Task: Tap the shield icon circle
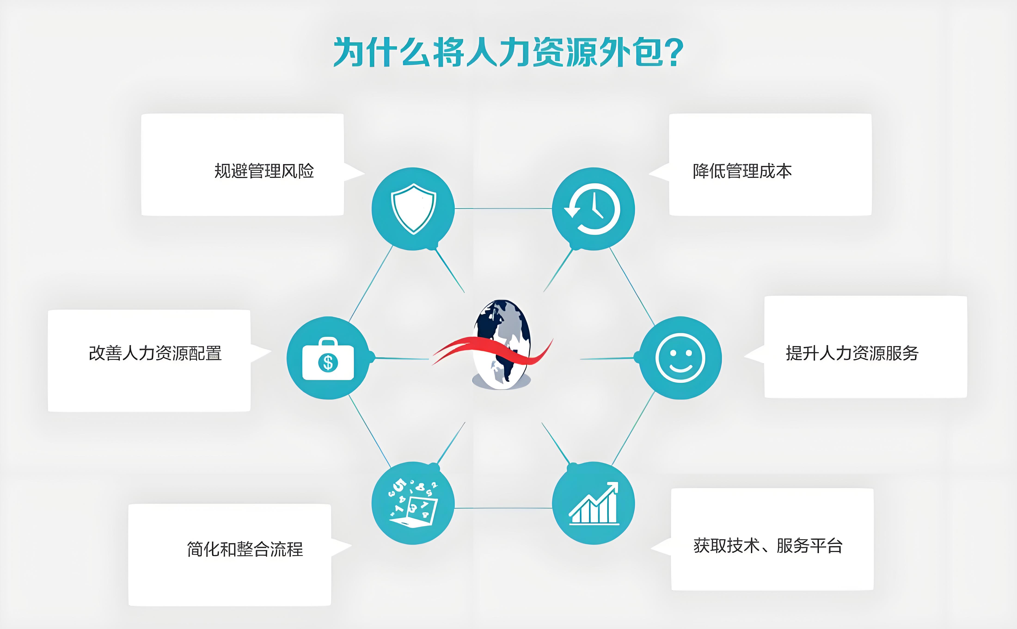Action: click(x=413, y=209)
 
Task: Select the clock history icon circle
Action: click(x=593, y=209)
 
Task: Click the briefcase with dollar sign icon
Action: click(x=328, y=359)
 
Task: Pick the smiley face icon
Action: click(x=680, y=358)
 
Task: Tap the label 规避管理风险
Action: click(x=264, y=171)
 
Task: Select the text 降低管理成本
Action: click(x=742, y=171)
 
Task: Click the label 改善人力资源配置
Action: click(x=155, y=353)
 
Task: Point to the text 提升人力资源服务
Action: click(x=852, y=353)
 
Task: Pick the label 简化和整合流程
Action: click(x=245, y=549)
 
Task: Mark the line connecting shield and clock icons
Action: click(x=503, y=208)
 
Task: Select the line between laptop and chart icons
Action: click(x=503, y=508)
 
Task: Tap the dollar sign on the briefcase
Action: click(x=328, y=363)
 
